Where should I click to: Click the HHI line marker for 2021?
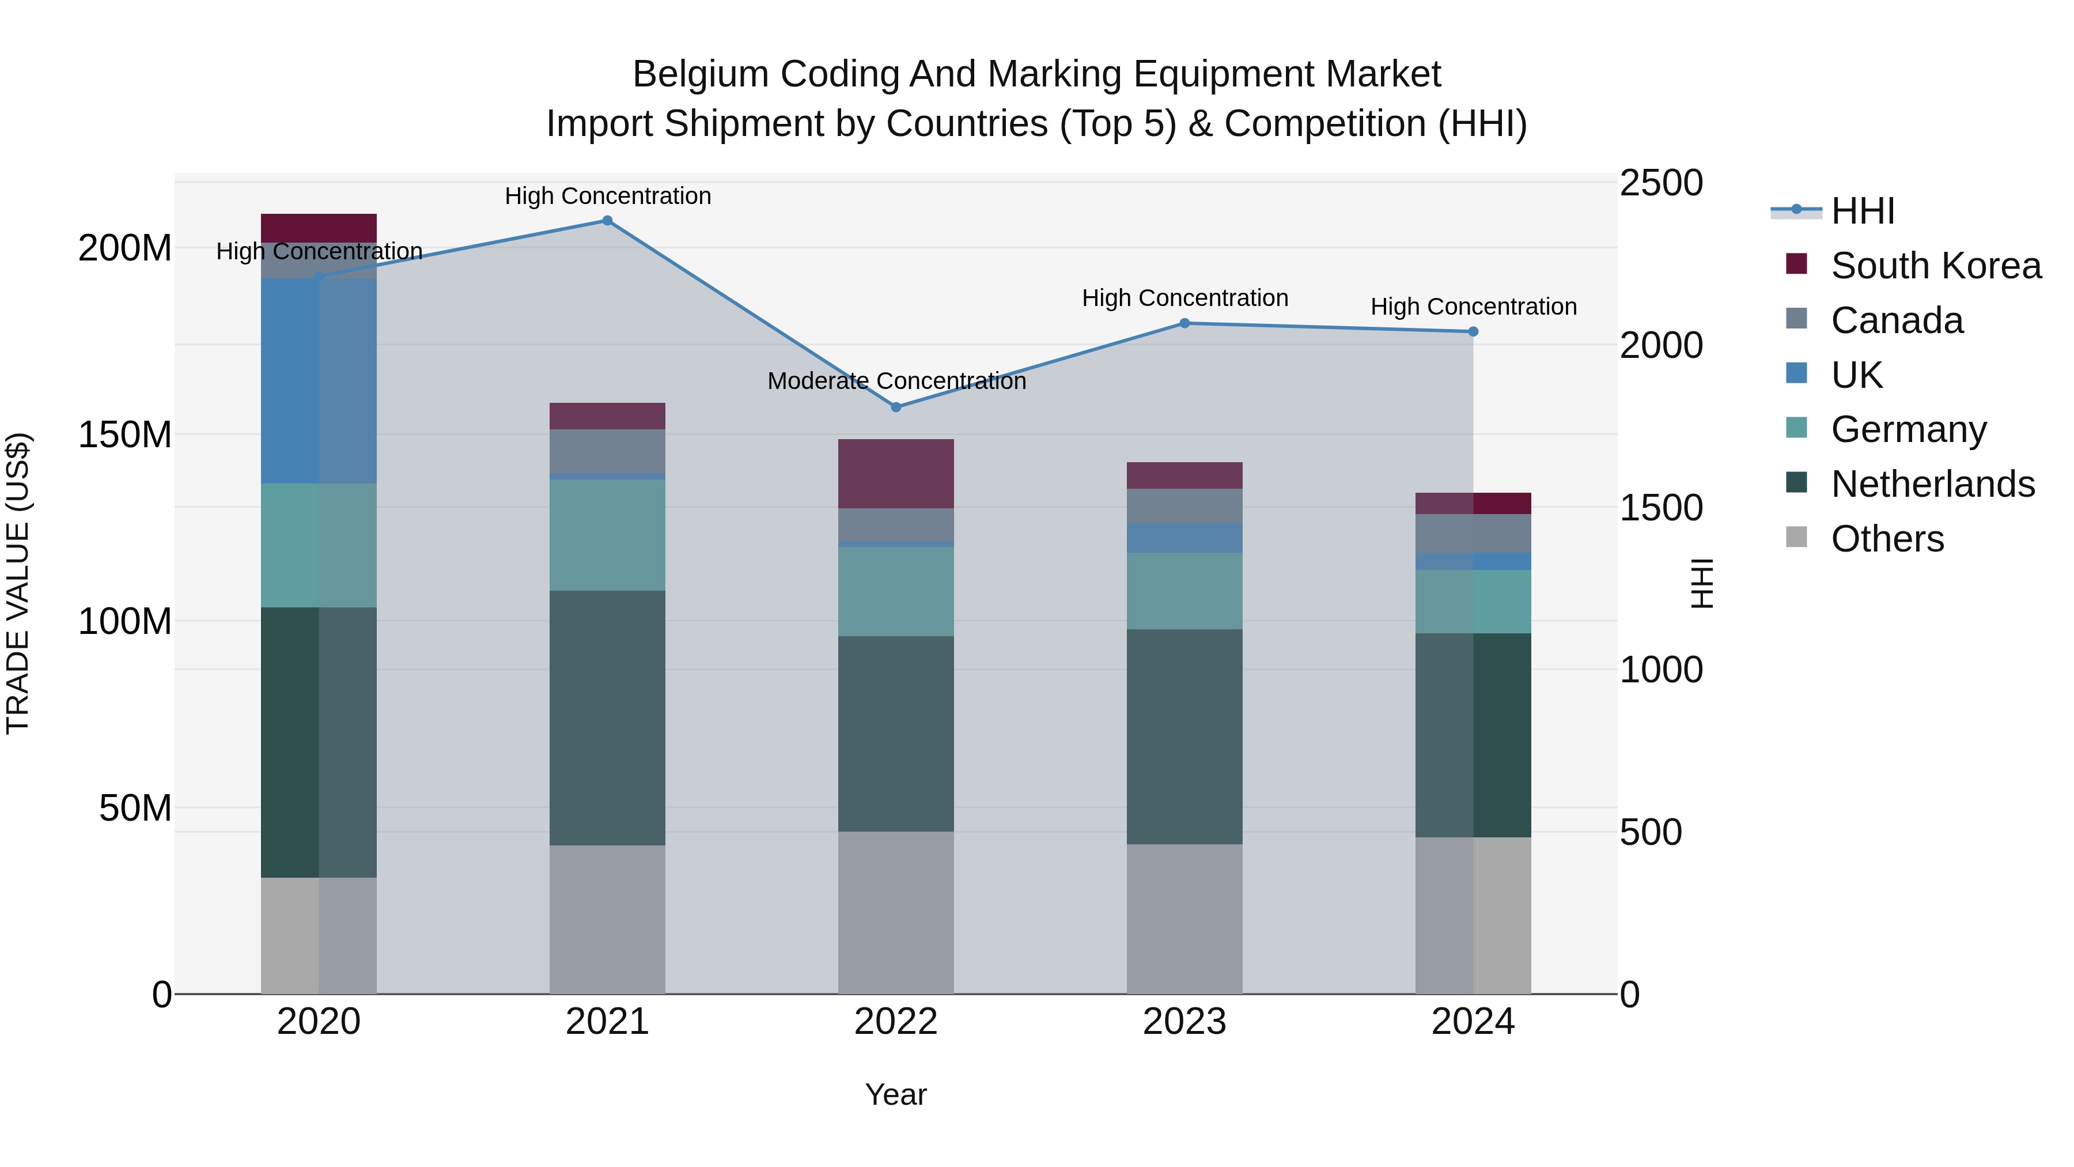(x=607, y=221)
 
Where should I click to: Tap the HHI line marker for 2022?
(x=896, y=407)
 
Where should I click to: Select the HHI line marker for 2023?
(x=1184, y=323)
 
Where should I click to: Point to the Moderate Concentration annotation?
(x=896, y=381)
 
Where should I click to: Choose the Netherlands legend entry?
(x=1932, y=484)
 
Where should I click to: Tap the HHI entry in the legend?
(x=1862, y=211)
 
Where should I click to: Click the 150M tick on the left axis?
(x=125, y=435)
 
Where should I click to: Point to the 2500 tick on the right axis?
(x=1660, y=183)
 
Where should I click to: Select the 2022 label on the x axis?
(x=895, y=1022)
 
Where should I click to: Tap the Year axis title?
(x=895, y=1094)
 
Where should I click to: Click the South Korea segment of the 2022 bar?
(x=895, y=474)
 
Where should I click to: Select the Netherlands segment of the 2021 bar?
(x=607, y=717)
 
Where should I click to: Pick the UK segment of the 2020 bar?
(x=318, y=381)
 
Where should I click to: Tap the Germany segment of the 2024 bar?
(x=1473, y=602)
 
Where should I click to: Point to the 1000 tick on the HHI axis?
(x=1660, y=670)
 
